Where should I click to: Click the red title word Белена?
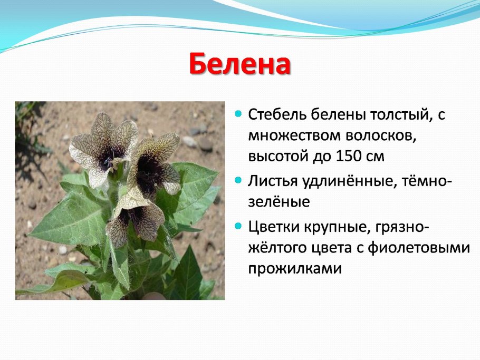click(x=239, y=64)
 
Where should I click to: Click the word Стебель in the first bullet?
click(x=277, y=115)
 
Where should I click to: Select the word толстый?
click(x=399, y=115)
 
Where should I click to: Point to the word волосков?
click(x=381, y=136)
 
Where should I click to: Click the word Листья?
click(x=273, y=181)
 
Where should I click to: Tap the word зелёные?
click(x=279, y=202)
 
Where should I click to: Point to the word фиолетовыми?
click(x=418, y=248)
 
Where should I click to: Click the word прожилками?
click(x=294, y=269)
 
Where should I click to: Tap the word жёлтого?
click(x=279, y=248)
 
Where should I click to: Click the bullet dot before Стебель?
click(x=238, y=114)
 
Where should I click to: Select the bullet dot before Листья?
click(x=238, y=180)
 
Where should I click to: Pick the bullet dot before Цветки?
click(x=238, y=226)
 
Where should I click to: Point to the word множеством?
click(x=294, y=136)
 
